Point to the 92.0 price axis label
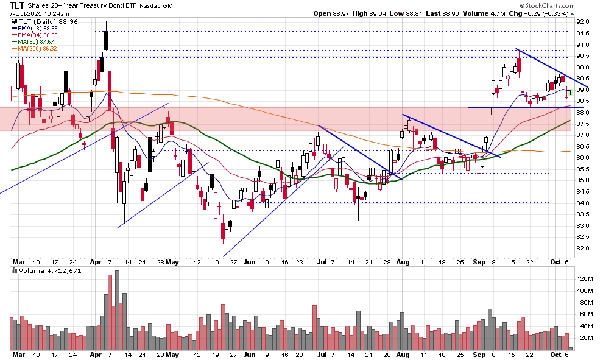click(584, 21)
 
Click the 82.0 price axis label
click(584, 249)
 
